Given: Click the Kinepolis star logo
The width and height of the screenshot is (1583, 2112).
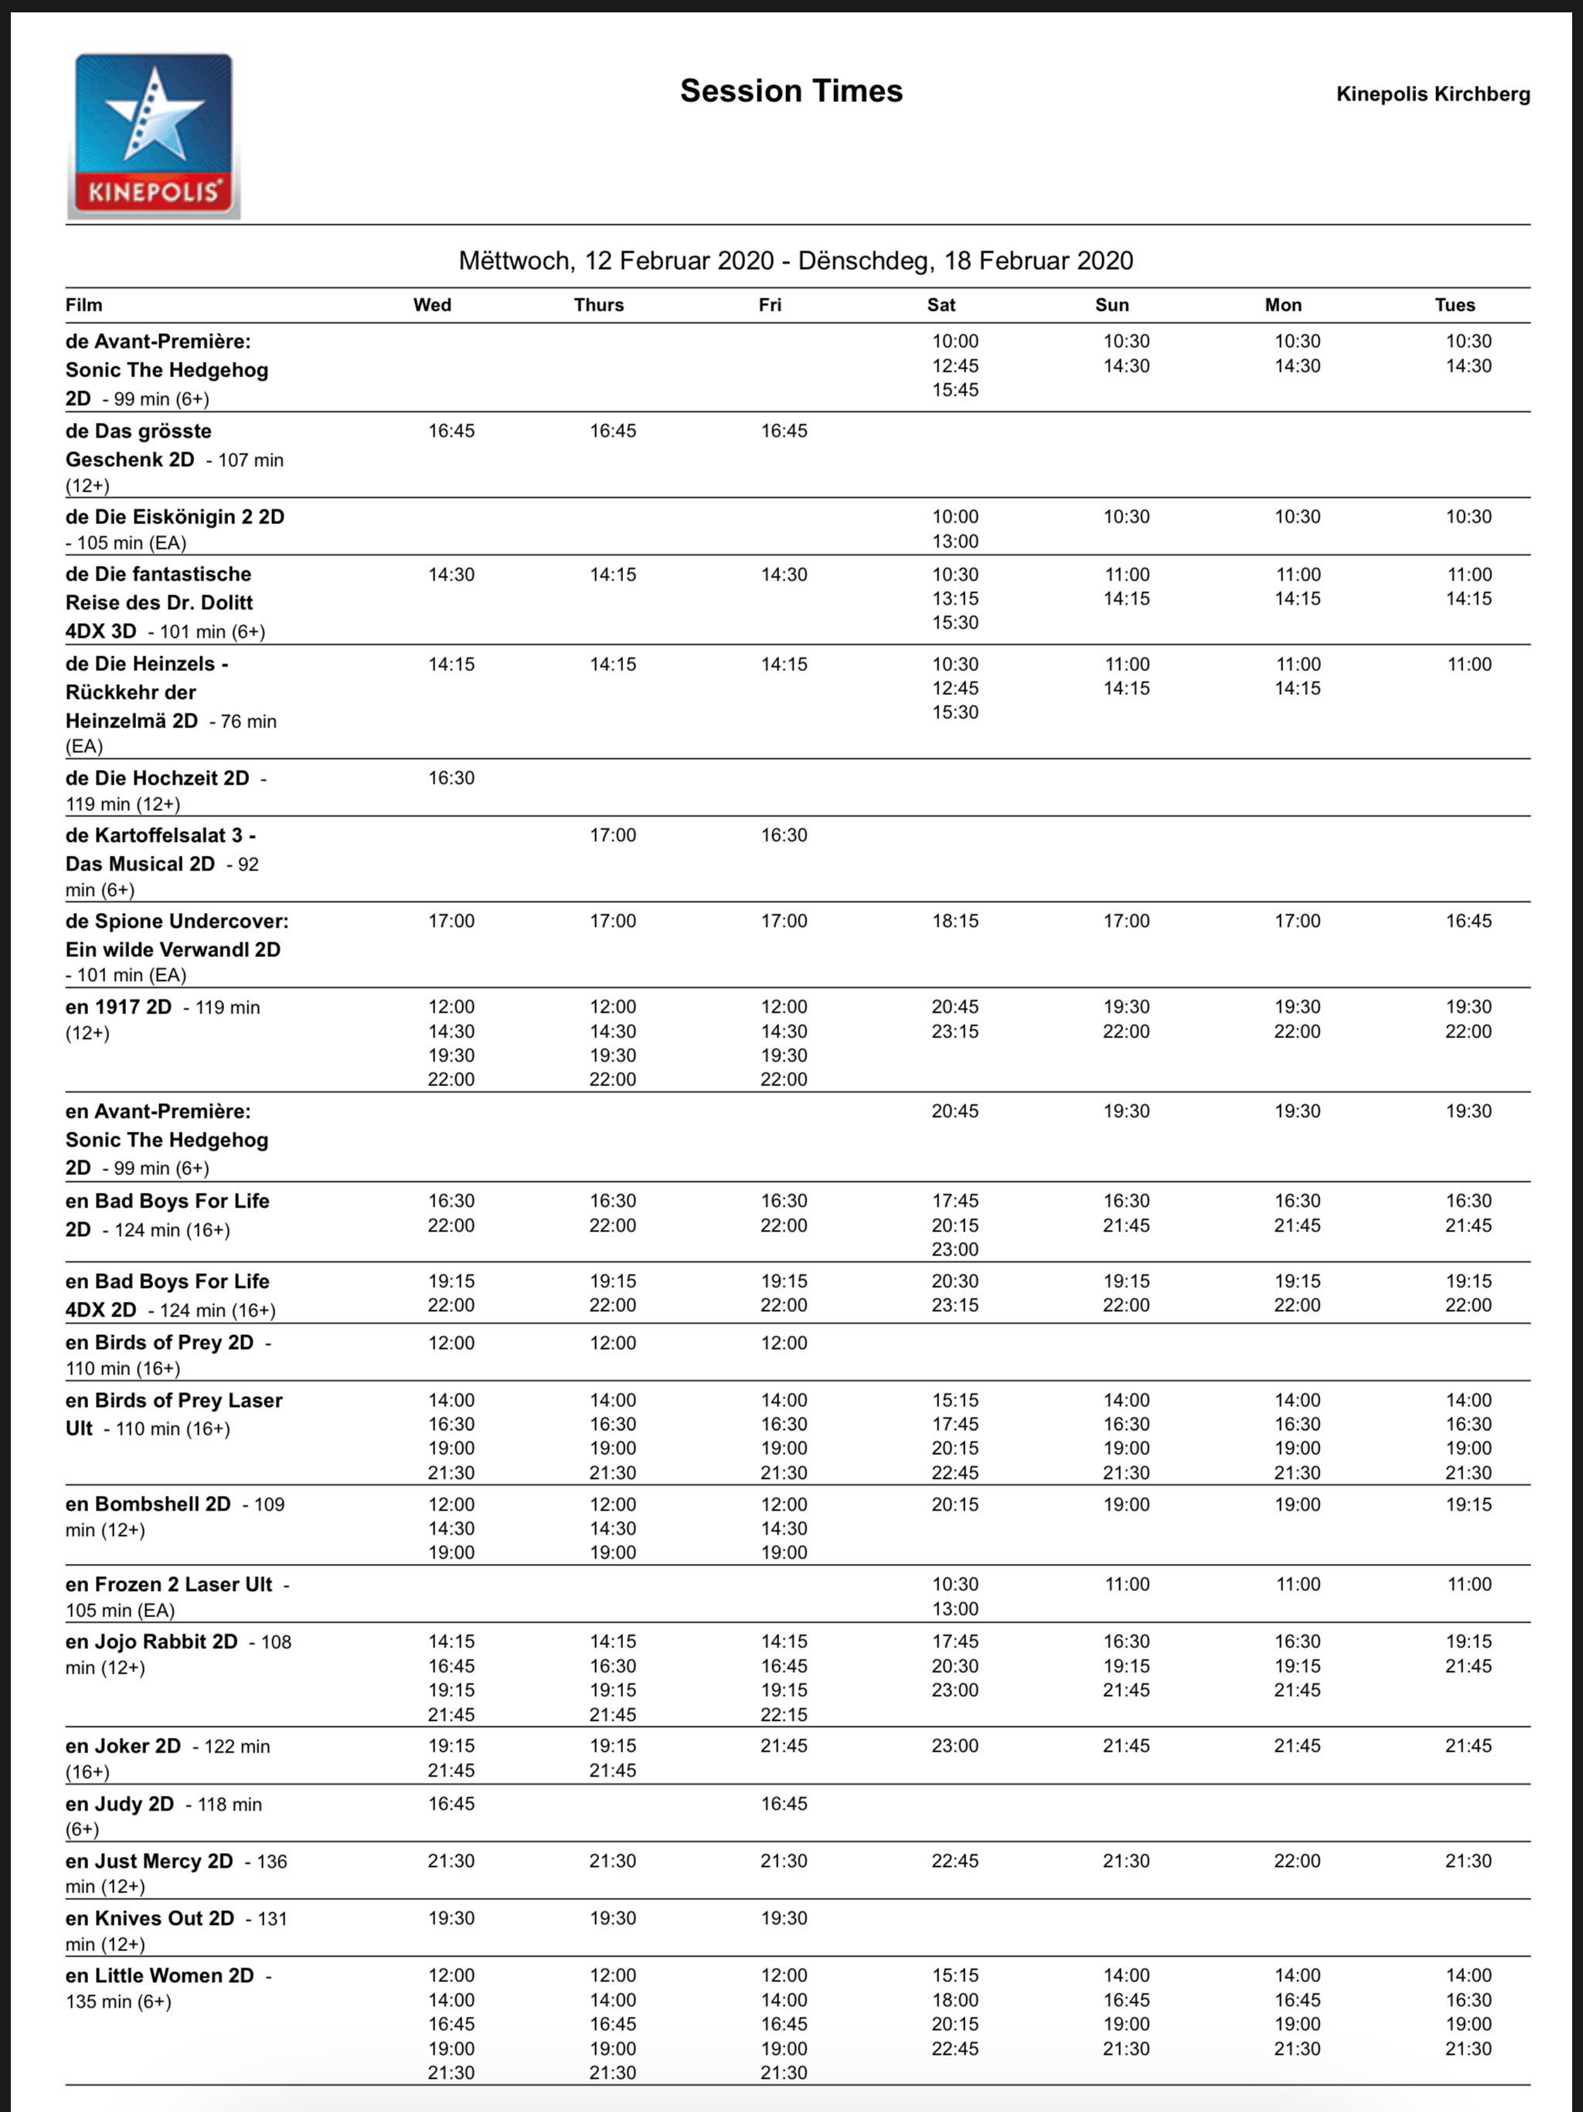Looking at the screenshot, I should point(154,135).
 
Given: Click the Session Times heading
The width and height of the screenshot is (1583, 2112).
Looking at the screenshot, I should point(791,90).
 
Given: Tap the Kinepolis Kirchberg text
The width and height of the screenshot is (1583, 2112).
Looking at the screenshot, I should point(1432,94).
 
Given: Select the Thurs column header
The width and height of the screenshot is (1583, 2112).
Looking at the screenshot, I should point(598,305).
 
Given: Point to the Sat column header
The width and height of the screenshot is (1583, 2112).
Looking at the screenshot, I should point(941,305).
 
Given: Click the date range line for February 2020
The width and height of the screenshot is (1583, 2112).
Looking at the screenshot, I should point(795,261).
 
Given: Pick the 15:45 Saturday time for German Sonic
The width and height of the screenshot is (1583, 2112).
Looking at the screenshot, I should point(955,390).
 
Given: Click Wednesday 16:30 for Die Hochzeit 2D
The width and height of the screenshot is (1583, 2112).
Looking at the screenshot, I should point(451,778).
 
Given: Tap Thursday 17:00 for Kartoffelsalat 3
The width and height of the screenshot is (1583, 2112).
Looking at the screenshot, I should point(612,836).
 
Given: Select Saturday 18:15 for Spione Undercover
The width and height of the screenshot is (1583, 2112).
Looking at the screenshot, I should point(955,921).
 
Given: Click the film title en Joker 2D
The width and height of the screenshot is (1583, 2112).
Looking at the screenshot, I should point(123,1746).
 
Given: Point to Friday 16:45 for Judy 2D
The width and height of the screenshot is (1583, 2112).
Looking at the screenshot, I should point(784,1804).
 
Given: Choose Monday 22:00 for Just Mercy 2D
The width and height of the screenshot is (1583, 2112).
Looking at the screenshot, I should point(1296,1861).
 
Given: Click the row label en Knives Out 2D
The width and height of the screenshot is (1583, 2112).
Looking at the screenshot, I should point(150,1918).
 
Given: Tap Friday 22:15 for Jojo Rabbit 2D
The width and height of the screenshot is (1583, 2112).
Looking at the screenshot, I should point(784,1714).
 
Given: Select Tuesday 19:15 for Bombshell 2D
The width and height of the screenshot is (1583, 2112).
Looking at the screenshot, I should point(1468,1504).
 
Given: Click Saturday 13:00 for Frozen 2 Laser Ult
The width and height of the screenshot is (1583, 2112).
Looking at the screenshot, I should point(955,1609).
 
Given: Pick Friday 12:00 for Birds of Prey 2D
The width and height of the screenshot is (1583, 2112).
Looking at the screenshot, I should point(784,1343).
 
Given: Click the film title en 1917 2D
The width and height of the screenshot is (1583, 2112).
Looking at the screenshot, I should point(118,1007).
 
